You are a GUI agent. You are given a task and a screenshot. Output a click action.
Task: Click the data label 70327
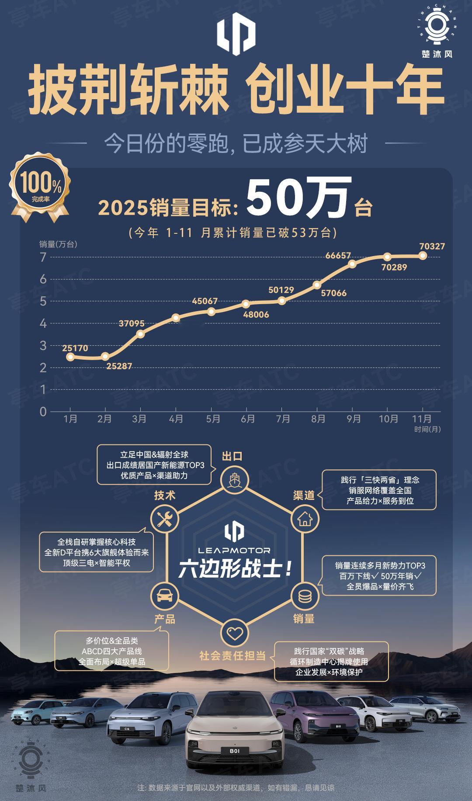[432, 246]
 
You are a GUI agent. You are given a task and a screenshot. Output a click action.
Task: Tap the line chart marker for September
[352, 264]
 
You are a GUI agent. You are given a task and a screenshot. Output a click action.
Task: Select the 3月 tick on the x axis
[139, 419]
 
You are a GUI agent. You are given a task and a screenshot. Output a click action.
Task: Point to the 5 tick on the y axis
[43, 301]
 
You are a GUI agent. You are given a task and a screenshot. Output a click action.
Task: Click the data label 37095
[132, 324]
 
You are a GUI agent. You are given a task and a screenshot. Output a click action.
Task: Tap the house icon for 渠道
[305, 519]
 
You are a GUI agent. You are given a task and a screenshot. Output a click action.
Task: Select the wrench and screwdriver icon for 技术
[165, 519]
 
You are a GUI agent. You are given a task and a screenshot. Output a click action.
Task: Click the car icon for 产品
[165, 595]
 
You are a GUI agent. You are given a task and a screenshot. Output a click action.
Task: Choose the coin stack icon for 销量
[305, 595]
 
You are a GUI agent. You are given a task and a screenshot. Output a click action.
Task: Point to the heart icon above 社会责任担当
[235, 633]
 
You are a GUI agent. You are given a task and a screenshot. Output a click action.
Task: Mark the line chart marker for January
[70, 357]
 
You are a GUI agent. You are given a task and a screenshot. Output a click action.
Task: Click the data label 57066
[333, 293]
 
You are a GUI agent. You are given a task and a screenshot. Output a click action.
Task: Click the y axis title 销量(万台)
[58, 244]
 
